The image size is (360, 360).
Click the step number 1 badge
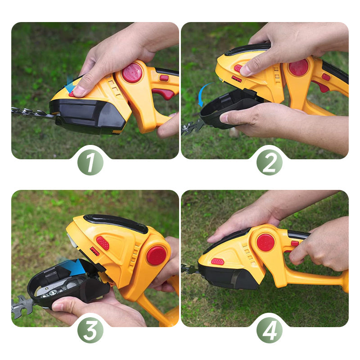click(x=90, y=162)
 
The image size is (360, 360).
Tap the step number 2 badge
click(x=269, y=162)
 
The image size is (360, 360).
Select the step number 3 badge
click(x=90, y=330)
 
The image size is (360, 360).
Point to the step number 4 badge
click(x=269, y=330)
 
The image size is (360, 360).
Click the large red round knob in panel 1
click(x=132, y=72)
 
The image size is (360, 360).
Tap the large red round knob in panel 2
click(x=298, y=67)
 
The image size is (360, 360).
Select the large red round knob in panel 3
click(x=156, y=255)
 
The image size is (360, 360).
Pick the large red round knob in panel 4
click(x=265, y=243)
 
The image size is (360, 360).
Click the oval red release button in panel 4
click(x=217, y=261)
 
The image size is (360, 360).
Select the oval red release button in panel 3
click(x=103, y=243)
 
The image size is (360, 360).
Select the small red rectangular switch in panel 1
click(x=164, y=78)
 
